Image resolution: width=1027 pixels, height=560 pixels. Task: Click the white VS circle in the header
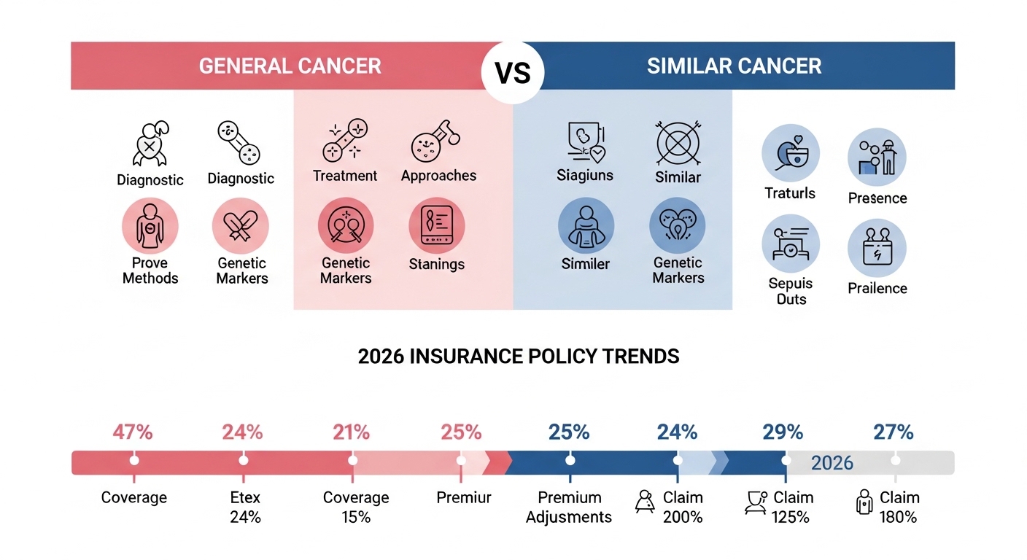tap(513, 73)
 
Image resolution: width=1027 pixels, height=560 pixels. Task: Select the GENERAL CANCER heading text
tap(290, 66)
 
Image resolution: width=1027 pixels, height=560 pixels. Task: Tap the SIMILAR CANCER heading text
tap(734, 66)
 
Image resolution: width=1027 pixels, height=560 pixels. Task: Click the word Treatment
tap(345, 176)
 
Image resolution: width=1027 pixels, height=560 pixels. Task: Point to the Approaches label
tap(438, 176)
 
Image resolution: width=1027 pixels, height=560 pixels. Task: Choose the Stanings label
tap(436, 264)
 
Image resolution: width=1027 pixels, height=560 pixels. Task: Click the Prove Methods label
tap(150, 271)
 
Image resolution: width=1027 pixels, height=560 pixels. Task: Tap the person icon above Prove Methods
tap(150, 226)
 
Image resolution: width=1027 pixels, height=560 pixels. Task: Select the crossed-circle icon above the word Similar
tap(678, 143)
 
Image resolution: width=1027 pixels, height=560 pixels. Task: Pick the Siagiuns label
tap(585, 176)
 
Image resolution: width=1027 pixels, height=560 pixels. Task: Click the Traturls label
tap(790, 193)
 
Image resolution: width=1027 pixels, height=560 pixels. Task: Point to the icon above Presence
tap(877, 157)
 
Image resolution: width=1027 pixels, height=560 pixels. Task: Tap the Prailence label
tap(877, 289)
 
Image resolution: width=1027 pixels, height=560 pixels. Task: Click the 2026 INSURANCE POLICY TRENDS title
tap(519, 357)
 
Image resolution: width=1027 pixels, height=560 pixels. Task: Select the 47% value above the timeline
tap(133, 432)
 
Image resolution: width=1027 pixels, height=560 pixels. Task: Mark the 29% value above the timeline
tap(783, 432)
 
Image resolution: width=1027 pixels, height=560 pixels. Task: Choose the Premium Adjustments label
tap(569, 507)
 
